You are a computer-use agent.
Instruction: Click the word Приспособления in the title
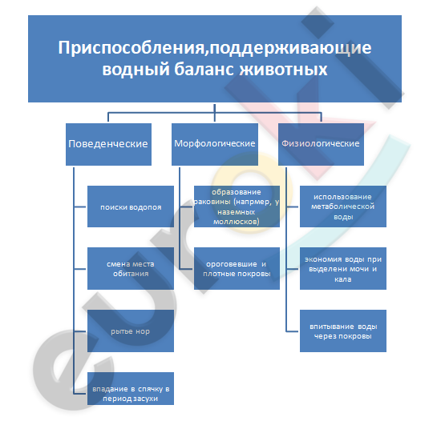[131, 48]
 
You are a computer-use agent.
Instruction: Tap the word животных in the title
[284, 70]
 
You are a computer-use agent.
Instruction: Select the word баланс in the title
[204, 70]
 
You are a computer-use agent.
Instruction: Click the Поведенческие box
[108, 144]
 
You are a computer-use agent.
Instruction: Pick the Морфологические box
[215, 144]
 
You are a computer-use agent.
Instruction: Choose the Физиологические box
[321, 144]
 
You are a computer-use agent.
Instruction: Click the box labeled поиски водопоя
[131, 206]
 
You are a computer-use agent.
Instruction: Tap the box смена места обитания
[131, 269]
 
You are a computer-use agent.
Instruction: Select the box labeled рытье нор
[131, 331]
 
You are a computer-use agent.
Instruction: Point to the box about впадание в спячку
[131, 388]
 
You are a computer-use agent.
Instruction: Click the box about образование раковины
[237, 206]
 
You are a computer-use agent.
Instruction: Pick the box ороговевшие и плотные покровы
[237, 269]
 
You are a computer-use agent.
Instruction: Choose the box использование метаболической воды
[343, 206]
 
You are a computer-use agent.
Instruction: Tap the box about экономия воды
[343, 269]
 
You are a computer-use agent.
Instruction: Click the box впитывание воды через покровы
[343, 331]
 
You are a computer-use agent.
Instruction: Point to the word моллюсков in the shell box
[237, 222]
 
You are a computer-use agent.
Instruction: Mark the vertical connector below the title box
[215, 113]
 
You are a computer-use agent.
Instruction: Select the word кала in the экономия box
[343, 279]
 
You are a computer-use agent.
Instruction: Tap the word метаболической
[343, 206]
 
